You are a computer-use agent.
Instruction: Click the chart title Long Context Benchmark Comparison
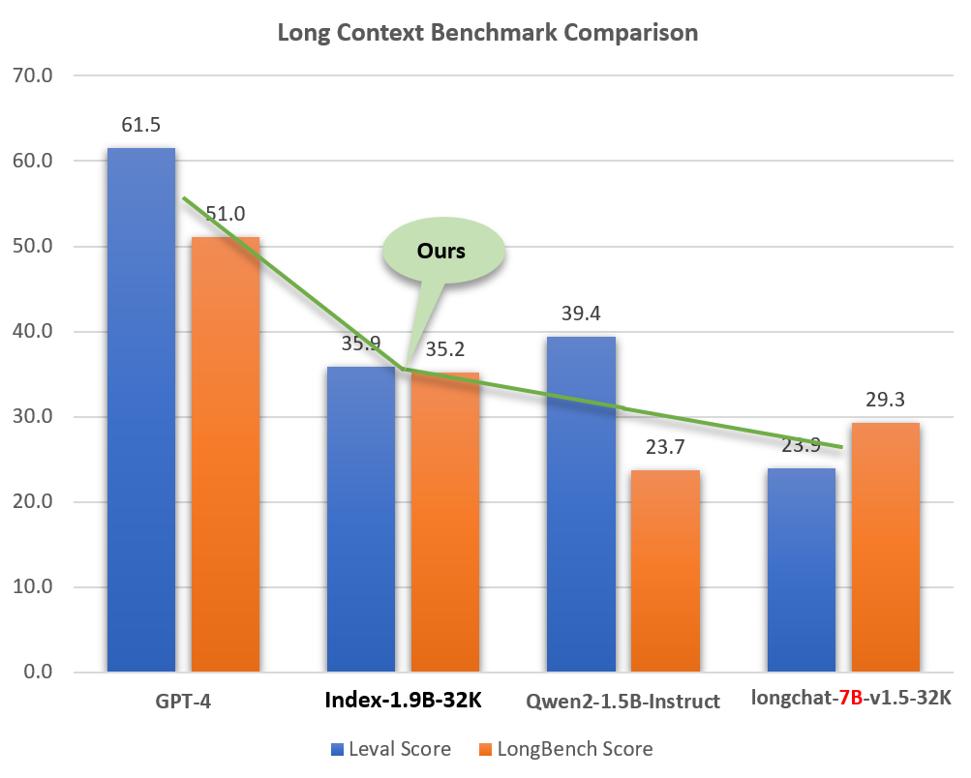point(487,32)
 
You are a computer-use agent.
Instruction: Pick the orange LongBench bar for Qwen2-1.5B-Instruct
point(665,571)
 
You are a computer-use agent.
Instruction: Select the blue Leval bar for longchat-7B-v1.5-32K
point(801,570)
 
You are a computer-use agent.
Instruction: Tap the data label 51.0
point(226,214)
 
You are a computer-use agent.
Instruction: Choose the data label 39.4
point(581,314)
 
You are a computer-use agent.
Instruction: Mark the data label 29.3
point(885,400)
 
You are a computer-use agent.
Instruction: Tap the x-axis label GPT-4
point(183,701)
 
